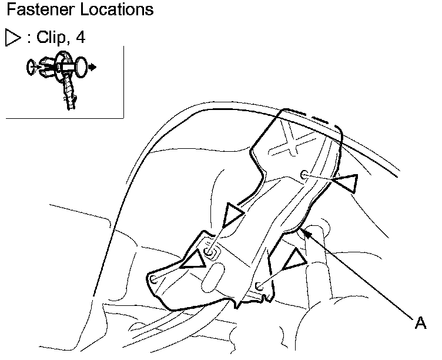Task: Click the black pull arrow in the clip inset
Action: (93, 68)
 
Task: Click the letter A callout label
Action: (420, 322)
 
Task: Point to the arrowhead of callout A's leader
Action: (303, 232)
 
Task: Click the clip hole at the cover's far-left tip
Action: (153, 279)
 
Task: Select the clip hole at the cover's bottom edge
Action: (259, 286)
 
